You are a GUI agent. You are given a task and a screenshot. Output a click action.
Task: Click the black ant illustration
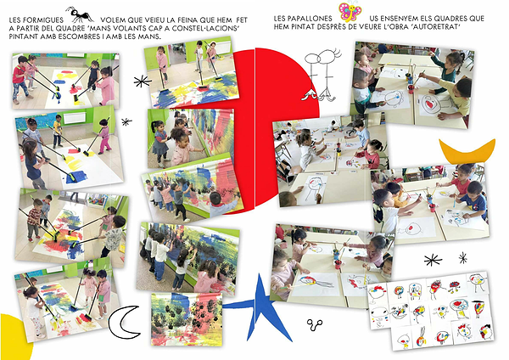(x=79, y=14)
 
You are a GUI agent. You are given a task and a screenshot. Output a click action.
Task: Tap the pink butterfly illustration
(x=350, y=12)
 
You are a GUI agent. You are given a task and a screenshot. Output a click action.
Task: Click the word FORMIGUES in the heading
(x=43, y=20)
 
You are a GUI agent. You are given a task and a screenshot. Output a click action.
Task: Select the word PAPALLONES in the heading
(x=311, y=19)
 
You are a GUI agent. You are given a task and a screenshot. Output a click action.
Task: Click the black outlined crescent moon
(x=120, y=322)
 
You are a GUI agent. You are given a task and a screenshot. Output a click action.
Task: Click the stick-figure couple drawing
(x=322, y=75)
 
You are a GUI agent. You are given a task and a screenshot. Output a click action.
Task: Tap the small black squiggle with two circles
(x=315, y=324)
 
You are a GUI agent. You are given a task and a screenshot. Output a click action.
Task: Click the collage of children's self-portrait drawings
(x=431, y=311)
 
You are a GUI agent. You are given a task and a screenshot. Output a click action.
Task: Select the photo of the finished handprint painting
(x=187, y=319)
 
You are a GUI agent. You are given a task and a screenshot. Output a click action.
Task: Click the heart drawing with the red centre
(x=429, y=104)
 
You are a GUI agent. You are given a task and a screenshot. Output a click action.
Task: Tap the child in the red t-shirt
(x=20, y=79)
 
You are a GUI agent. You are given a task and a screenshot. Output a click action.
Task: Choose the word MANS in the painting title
(x=103, y=29)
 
